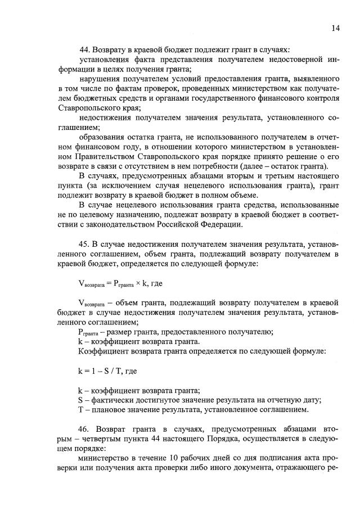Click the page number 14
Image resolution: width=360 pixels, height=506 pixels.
[x=336, y=28]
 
